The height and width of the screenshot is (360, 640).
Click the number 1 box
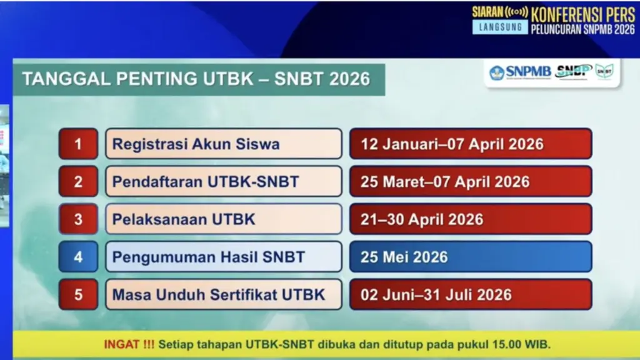coord(78,144)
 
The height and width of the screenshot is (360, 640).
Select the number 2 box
coord(78,181)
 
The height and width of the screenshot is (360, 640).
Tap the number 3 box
coord(78,219)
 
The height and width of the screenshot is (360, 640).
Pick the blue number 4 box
coord(78,256)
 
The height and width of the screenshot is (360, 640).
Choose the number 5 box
coord(78,294)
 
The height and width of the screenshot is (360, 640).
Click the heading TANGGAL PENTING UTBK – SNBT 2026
coord(196,79)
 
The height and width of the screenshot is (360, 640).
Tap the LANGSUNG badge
coord(500,27)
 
